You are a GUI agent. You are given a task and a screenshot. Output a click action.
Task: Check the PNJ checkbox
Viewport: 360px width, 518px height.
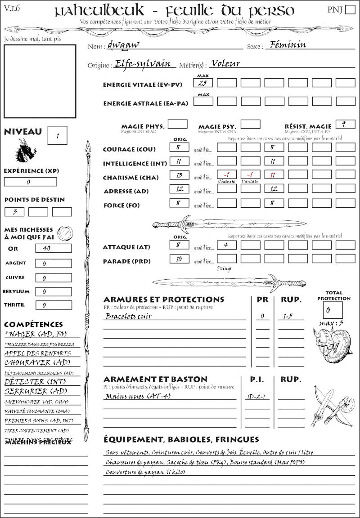(350, 10)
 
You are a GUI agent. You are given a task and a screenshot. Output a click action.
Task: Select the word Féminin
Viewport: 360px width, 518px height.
(286, 45)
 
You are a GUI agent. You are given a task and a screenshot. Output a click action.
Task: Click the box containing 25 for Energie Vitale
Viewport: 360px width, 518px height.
(203, 83)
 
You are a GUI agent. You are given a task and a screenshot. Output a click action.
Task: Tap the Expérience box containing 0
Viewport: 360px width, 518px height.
(30, 182)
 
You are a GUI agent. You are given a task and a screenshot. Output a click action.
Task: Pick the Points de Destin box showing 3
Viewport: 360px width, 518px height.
(14, 212)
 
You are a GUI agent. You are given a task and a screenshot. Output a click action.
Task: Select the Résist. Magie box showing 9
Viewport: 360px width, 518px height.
(345, 124)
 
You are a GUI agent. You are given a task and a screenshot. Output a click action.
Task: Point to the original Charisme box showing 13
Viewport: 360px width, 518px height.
(179, 176)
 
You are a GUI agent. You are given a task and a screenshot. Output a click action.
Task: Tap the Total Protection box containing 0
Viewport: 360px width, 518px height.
(333, 310)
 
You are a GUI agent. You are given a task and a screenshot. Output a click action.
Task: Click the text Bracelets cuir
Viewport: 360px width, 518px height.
(129, 316)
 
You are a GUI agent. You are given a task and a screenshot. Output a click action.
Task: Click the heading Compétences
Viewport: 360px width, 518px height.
(33, 324)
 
